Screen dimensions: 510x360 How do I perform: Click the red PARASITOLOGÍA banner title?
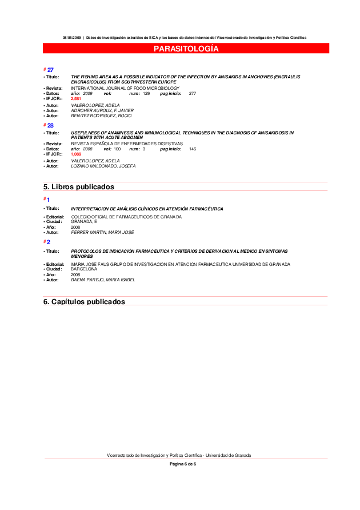coord(186,49)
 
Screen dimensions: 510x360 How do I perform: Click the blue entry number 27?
coord(50,70)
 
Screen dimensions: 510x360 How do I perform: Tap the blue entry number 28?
coord(50,125)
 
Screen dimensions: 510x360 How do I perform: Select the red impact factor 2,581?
coord(76,99)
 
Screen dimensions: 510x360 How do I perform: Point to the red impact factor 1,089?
coord(76,154)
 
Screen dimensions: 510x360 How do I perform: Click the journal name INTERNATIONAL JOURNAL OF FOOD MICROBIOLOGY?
coord(125,89)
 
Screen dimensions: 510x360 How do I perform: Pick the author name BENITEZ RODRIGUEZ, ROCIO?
coord(101,115)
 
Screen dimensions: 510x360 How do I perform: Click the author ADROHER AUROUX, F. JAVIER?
coord(102,110)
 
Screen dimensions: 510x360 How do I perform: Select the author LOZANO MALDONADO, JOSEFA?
coord(103,166)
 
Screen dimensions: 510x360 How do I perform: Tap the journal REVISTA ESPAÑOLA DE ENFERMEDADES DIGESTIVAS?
coord(127,144)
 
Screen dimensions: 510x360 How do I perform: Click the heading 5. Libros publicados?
coord(79,187)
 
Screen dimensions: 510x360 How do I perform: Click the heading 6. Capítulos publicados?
coord(84,301)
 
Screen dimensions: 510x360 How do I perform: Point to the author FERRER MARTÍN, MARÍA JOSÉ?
coord(102,232)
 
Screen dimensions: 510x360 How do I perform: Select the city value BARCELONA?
coord(84,269)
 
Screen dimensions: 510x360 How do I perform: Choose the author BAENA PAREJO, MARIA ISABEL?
coord(103,280)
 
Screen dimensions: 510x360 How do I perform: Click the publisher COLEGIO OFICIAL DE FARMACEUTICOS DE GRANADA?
coord(126,217)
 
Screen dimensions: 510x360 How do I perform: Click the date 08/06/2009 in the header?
coord(72,38)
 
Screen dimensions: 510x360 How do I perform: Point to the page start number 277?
coord(193,93)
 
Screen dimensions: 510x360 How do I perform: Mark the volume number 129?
coord(146,93)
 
